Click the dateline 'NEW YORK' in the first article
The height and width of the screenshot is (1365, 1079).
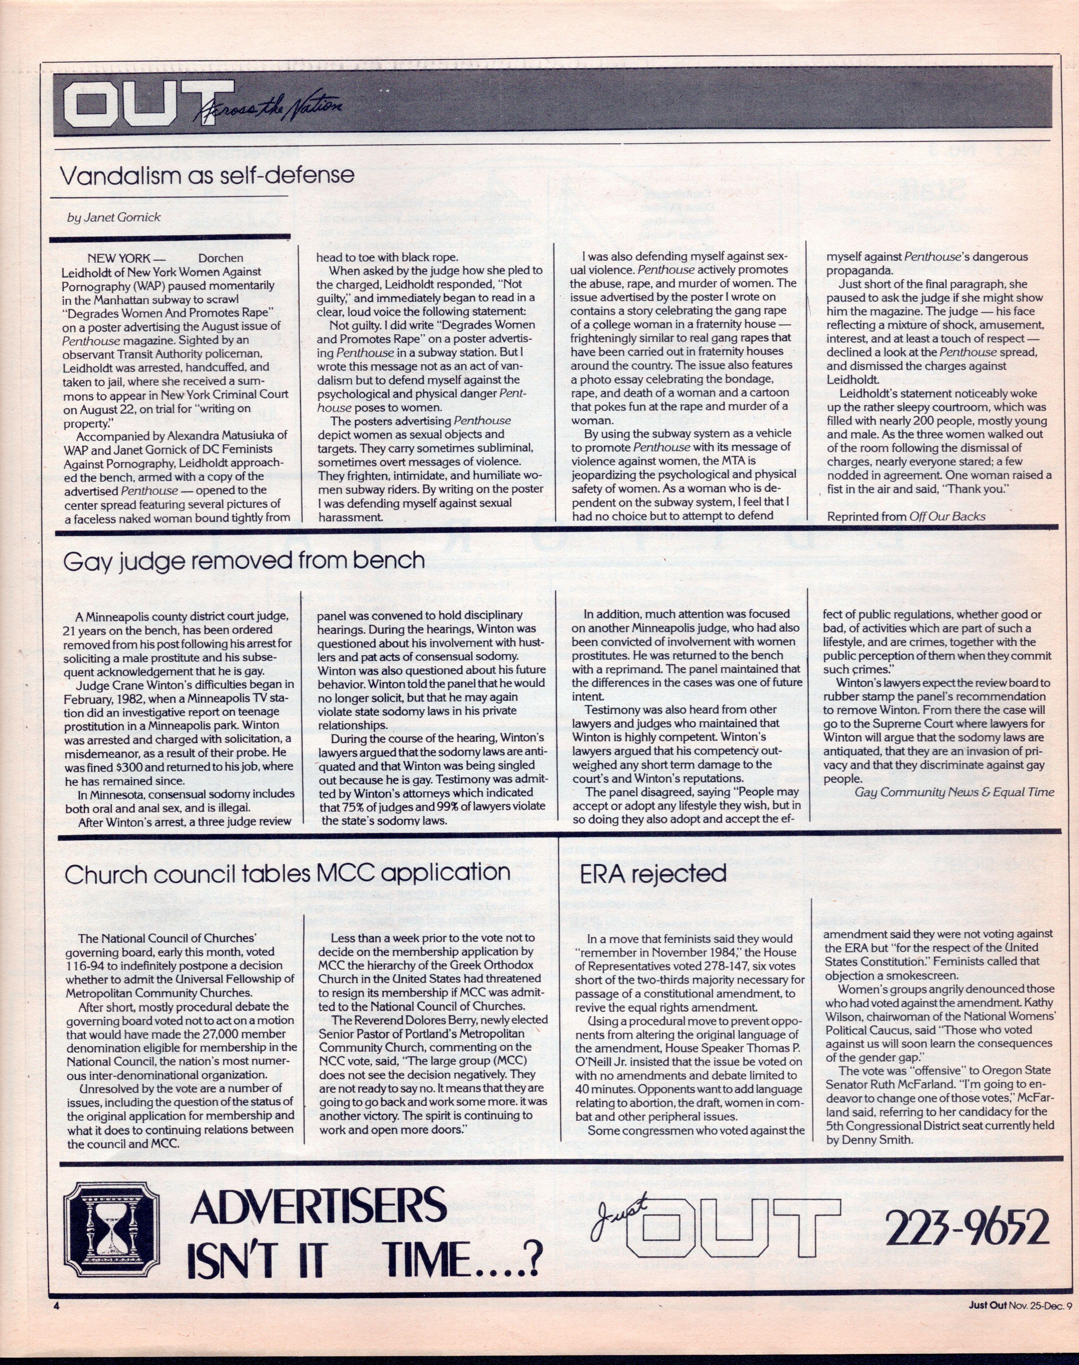(119, 258)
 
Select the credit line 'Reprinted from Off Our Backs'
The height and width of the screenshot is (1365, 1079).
(906, 516)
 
